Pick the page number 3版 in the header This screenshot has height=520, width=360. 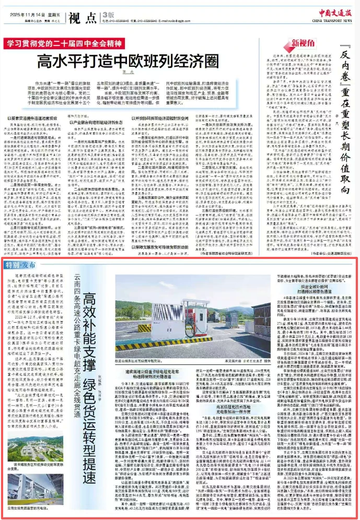(x=108, y=16)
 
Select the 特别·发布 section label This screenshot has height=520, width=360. (x=20, y=265)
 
